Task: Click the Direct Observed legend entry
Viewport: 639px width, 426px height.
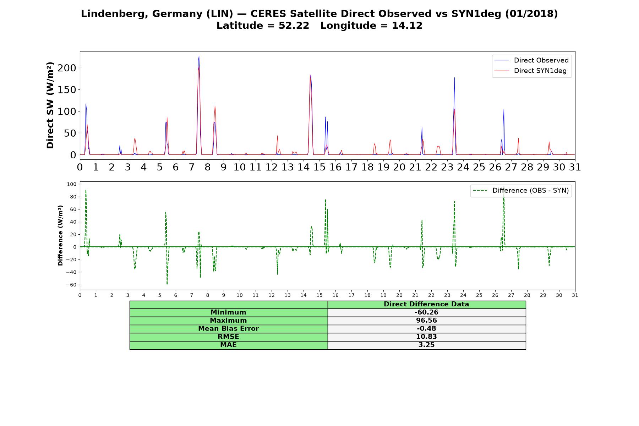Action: (532, 60)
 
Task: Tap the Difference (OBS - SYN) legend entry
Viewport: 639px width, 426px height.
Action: (521, 191)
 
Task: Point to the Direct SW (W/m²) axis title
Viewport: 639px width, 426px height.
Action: (50, 105)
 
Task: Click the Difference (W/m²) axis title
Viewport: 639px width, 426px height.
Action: (60, 235)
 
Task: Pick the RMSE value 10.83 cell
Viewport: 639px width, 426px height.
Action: (426, 337)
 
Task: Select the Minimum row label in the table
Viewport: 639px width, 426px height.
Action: (228, 312)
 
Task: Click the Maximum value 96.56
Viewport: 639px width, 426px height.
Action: (426, 321)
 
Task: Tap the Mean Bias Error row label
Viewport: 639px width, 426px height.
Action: (228, 329)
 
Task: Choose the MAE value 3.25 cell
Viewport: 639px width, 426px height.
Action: (426, 345)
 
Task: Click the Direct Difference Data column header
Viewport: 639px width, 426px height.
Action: (426, 304)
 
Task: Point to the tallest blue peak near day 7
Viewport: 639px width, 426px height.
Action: (199, 56)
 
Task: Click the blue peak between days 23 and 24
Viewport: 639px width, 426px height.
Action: (454, 78)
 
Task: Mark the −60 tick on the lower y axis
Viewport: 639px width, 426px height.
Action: (71, 285)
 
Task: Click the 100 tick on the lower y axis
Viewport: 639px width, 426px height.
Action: (71, 184)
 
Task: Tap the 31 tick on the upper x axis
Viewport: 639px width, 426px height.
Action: (575, 167)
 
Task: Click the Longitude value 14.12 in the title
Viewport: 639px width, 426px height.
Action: (407, 26)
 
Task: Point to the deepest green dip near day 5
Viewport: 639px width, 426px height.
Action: (167, 284)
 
